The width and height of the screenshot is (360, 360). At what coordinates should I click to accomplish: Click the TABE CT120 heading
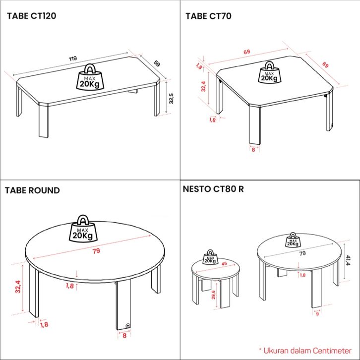31,16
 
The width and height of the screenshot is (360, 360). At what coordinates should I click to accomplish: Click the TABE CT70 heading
208,16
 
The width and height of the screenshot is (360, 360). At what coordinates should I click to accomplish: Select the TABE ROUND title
32,190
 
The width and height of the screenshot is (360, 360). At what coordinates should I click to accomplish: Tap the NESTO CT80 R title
213,189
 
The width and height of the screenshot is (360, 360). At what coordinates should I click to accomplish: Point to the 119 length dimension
73,59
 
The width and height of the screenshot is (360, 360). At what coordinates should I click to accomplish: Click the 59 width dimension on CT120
157,63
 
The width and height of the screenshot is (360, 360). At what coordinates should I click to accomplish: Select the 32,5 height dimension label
171,99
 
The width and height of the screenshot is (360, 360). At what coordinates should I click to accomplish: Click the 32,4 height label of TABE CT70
203,87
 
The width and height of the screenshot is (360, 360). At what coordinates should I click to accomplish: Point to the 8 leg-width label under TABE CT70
253,150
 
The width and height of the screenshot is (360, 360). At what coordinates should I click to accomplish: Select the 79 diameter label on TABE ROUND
96,251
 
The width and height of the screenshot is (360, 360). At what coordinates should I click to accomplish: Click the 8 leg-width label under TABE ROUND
124,336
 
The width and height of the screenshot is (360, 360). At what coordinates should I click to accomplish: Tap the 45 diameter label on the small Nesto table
224,264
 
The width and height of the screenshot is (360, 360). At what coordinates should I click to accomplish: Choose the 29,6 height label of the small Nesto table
213,295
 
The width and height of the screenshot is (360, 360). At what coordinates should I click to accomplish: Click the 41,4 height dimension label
348,260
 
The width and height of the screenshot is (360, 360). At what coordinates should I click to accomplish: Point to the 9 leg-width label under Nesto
317,314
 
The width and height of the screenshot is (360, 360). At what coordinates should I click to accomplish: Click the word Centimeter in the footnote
332,351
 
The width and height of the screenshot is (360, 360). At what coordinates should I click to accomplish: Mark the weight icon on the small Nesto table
210,257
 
